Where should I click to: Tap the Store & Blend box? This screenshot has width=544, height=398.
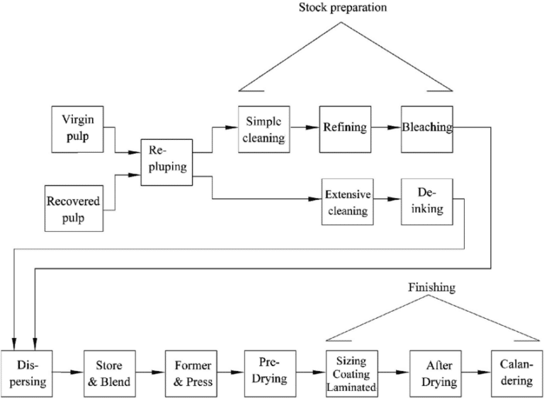109,374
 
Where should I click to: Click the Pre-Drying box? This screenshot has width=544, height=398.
269,373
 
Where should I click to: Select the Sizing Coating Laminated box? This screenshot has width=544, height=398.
353,374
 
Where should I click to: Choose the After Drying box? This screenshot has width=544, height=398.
434,374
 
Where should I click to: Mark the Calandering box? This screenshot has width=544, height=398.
516,374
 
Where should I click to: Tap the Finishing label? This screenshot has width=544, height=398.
431,288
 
